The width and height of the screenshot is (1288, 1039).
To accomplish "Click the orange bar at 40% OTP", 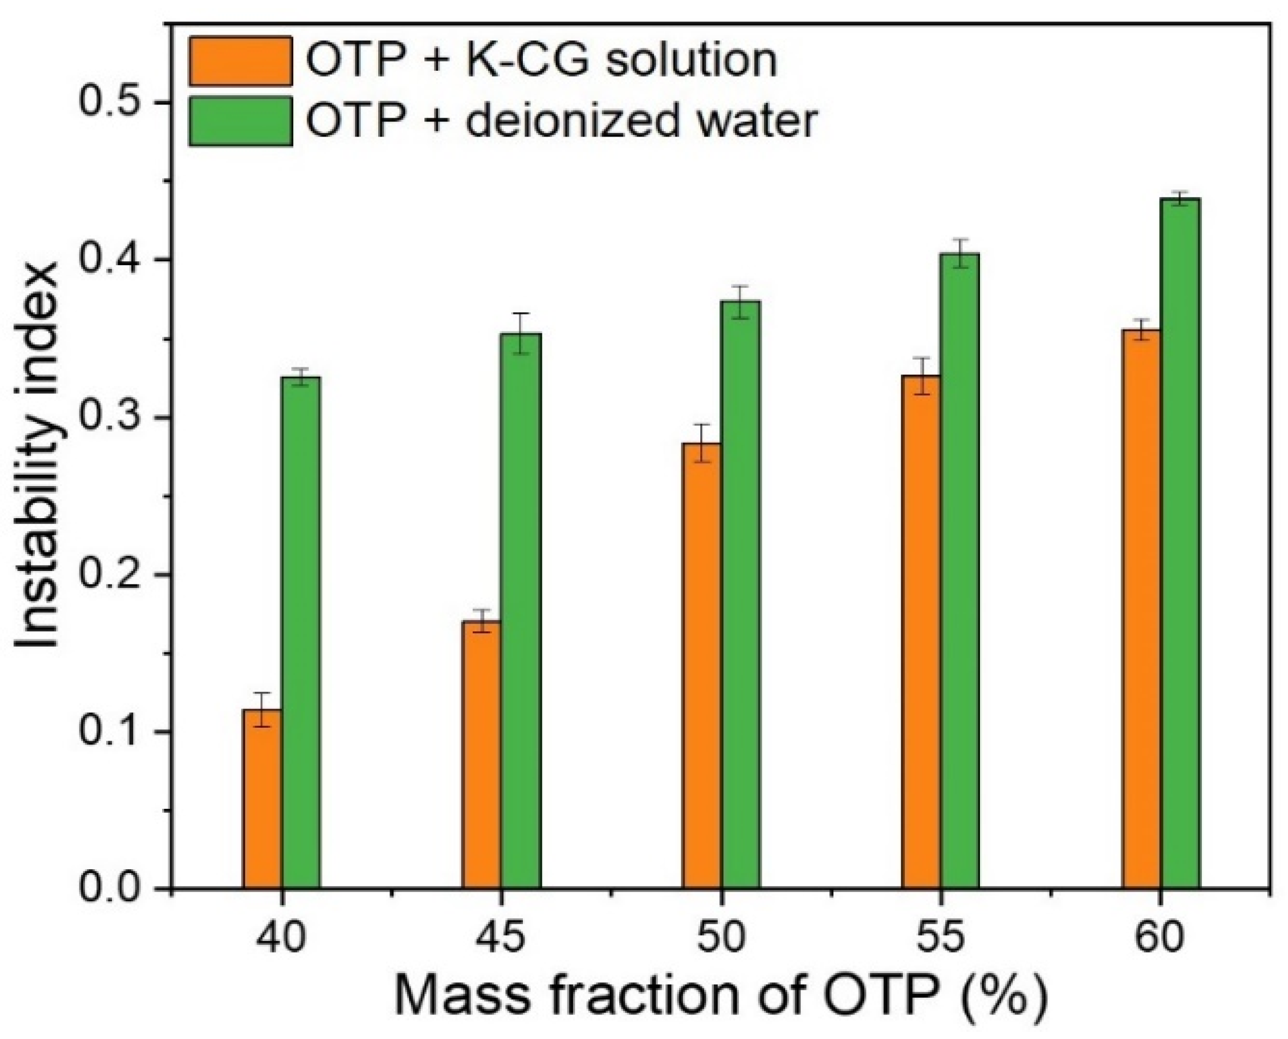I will (262, 799).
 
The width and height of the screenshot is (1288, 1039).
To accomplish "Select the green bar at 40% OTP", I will (301, 632).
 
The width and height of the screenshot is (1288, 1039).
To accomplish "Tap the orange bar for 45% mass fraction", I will (482, 755).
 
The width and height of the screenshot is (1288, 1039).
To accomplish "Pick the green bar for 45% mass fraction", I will (520, 611).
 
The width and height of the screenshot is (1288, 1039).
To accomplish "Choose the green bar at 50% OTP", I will (740, 594).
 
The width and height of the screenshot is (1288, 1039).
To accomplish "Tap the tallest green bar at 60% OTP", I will (1180, 543).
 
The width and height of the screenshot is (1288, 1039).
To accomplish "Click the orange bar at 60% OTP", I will (1141, 609).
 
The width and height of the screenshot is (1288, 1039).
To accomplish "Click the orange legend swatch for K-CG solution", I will (241, 61).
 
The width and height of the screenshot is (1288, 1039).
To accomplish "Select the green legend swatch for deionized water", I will (241, 121).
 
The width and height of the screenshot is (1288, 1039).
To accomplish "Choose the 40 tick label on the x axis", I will (281, 937).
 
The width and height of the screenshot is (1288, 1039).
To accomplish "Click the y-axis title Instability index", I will (37, 455).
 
